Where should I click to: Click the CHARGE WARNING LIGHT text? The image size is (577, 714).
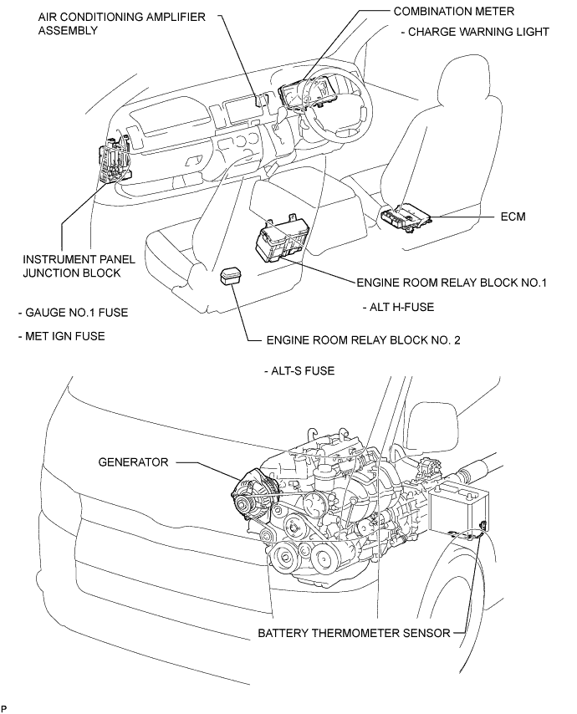(475, 32)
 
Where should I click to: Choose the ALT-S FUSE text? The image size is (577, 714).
(298, 370)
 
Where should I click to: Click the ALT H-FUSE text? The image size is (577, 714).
(399, 307)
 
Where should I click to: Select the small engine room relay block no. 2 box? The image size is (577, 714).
(232, 278)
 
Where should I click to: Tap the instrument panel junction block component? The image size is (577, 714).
(113, 161)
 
